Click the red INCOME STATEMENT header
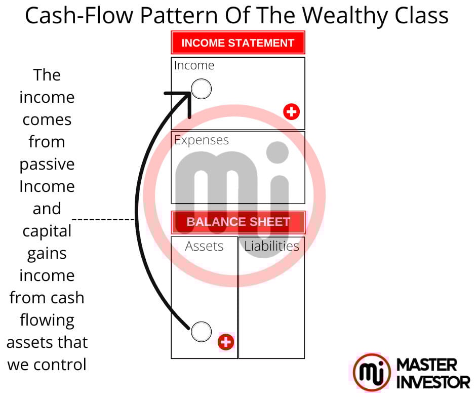click(x=238, y=43)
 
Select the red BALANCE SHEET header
click(x=238, y=222)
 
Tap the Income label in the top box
click(x=194, y=65)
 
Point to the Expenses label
click(x=202, y=140)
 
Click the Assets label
click(x=204, y=246)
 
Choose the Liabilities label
click(x=271, y=246)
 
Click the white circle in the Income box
click(x=201, y=89)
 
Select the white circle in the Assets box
click(x=201, y=331)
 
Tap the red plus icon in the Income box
click(x=291, y=111)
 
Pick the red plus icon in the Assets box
click(x=226, y=342)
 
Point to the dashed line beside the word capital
click(x=104, y=220)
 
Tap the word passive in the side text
click(x=47, y=164)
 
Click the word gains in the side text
click(x=47, y=253)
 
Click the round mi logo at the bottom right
click(x=372, y=372)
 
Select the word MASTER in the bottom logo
click(x=427, y=365)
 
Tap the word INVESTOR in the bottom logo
click(x=433, y=382)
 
